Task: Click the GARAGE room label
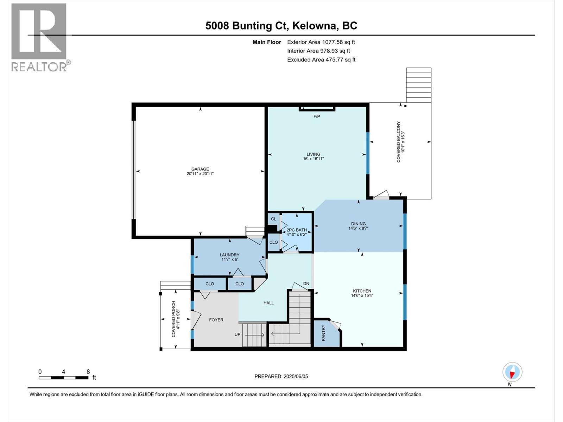tap(200, 169)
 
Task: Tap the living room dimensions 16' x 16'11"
tap(313, 159)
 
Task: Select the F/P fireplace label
tap(317, 116)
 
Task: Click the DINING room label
tap(358, 224)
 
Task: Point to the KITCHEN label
tap(362, 291)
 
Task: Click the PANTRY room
tap(324, 333)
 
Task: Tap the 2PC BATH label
tap(297, 230)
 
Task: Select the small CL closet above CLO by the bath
tap(273, 219)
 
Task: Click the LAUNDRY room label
tap(229, 255)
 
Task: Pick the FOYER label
tap(216, 320)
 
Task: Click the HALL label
tap(268, 303)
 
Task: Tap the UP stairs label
tap(238, 334)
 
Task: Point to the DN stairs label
tap(306, 283)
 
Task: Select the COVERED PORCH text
tap(173, 319)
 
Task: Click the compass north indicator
tap(512, 372)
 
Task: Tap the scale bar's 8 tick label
tap(88, 372)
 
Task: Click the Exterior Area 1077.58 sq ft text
tap(321, 42)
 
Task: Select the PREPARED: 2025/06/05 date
tap(281, 376)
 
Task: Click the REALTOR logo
tap(39, 37)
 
